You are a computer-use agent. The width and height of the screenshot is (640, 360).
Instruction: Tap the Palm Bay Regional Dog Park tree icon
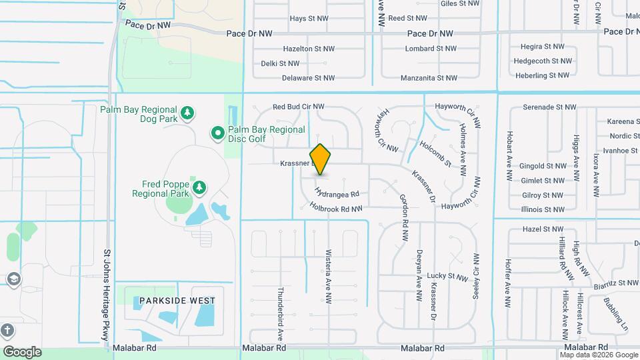tap(188, 112)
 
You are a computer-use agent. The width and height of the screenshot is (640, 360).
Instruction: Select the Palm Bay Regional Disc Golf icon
tap(217, 134)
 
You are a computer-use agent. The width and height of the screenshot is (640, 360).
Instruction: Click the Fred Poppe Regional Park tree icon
tap(199, 189)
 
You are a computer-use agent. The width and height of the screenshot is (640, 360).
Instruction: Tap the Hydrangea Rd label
tap(337, 194)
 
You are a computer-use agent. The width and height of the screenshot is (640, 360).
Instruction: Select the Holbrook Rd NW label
tap(336, 209)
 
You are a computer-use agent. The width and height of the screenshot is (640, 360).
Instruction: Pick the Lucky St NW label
tap(448, 276)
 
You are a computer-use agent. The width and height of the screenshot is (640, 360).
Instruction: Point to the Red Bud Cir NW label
tap(298, 107)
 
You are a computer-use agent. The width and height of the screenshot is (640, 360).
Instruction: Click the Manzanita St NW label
tap(429, 78)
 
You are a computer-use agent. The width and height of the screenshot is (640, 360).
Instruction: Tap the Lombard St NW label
tap(431, 49)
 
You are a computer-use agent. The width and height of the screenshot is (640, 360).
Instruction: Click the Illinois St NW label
tap(544, 209)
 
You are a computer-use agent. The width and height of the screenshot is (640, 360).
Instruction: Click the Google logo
tap(22, 352)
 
